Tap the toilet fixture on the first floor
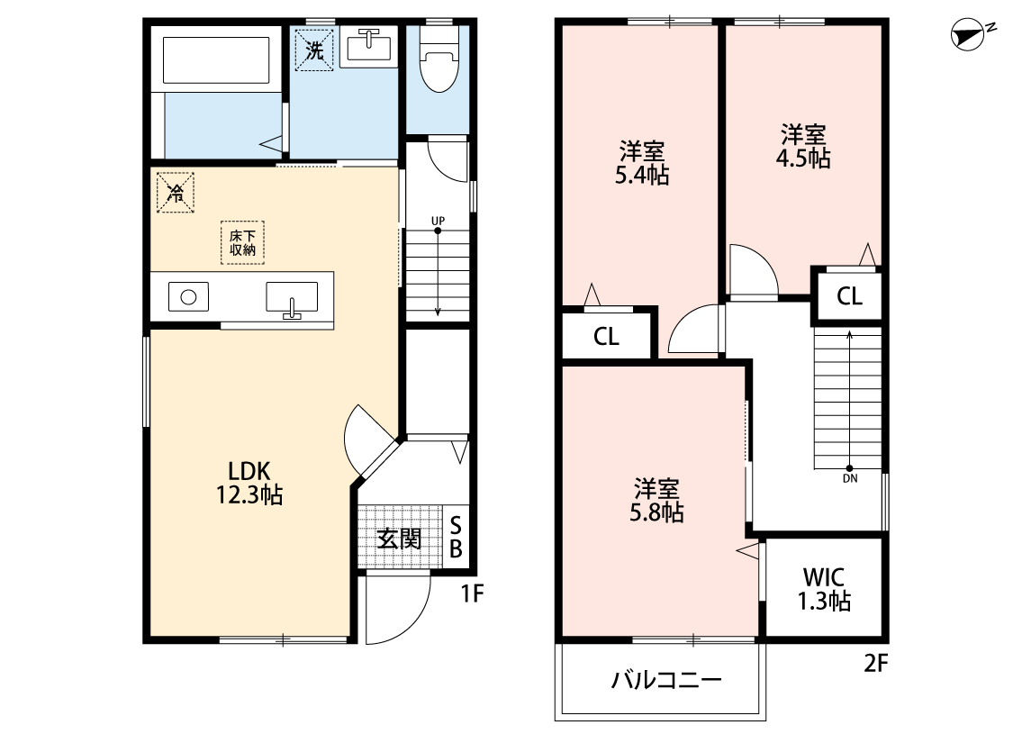(439, 63)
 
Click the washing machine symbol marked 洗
(313, 50)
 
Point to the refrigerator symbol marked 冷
(176, 192)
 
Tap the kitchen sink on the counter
(292, 298)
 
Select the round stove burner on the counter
(189, 297)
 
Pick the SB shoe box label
(456, 537)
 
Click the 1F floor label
(474, 593)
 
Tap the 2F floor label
(876, 665)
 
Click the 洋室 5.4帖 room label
(641, 163)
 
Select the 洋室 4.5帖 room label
(803, 147)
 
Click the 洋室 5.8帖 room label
(656, 501)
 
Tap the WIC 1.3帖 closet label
(823, 589)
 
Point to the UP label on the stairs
(438, 220)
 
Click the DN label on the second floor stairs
(850, 478)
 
